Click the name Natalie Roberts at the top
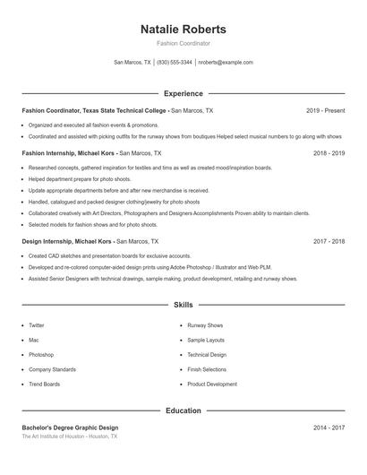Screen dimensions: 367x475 pos(183,30)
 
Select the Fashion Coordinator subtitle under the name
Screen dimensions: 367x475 pos(183,43)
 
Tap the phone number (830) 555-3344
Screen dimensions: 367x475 pos(175,63)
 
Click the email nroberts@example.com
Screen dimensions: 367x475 pos(226,63)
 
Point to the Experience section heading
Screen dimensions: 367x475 pos(183,93)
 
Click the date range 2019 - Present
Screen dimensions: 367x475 pos(325,110)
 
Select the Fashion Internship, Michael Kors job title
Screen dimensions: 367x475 pos(69,153)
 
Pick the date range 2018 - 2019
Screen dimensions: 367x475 pos(329,153)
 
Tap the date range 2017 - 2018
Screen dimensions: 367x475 pos(329,241)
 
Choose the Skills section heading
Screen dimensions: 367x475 pos(183,305)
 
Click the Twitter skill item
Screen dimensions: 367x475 pos(37,325)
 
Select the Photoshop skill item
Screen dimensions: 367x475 pos(41,355)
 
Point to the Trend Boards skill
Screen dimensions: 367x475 pos(45,384)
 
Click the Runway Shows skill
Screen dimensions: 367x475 pos(205,325)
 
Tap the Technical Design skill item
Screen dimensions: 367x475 pos(207,355)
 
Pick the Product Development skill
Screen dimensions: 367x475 pos(212,384)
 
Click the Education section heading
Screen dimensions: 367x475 pos(183,410)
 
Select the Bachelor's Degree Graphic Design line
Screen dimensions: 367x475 pos(70,427)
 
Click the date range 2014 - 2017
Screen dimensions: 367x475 pos(329,427)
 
